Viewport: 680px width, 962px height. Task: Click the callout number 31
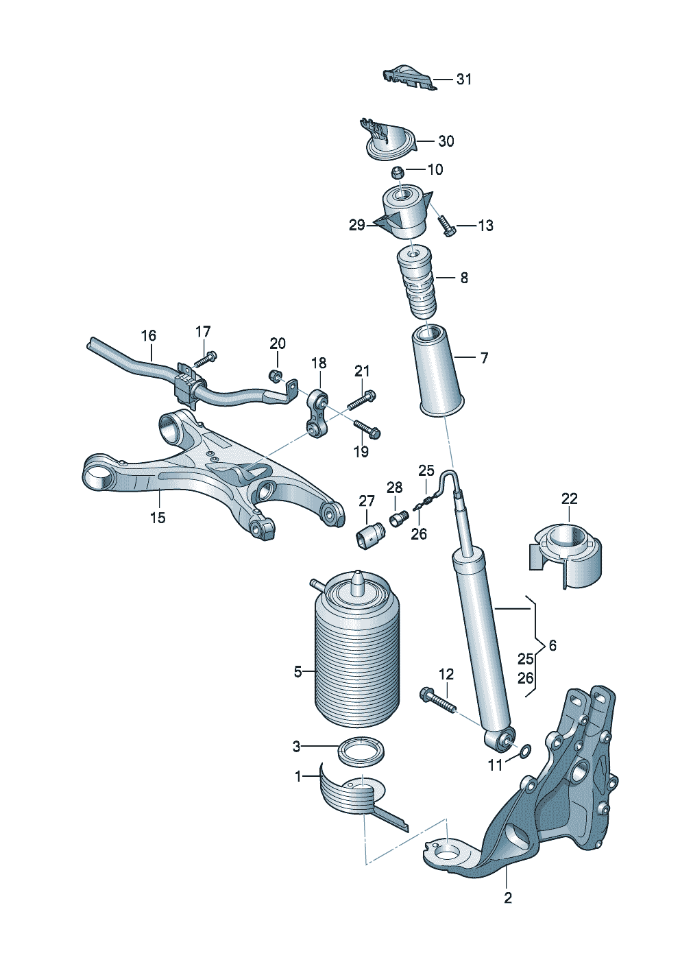[463, 80]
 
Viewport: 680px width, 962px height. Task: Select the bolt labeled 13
[446, 226]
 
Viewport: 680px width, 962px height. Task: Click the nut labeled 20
[275, 376]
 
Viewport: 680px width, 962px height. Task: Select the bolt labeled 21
[361, 399]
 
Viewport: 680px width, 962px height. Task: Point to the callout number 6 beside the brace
[552, 658]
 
